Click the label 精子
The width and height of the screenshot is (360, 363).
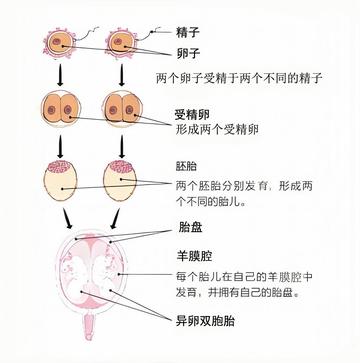pos(187,33)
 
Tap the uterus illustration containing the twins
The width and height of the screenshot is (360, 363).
pos(90,275)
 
